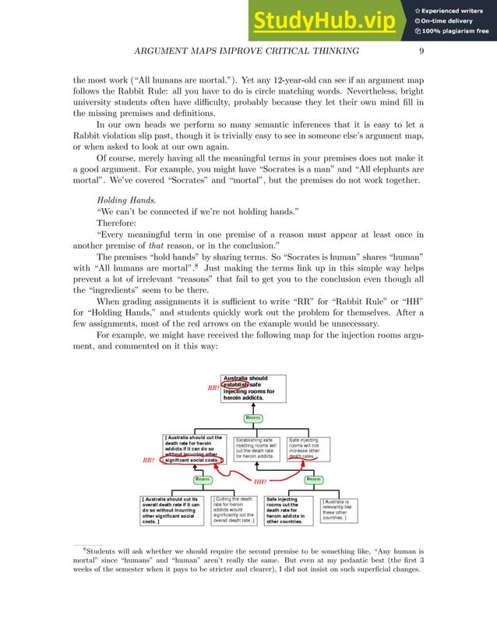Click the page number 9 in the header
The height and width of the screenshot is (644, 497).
(421, 51)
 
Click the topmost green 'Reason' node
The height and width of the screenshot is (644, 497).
(253, 418)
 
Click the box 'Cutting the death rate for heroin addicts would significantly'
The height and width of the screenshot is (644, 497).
(233, 510)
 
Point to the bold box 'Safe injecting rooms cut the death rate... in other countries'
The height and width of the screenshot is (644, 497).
(288, 510)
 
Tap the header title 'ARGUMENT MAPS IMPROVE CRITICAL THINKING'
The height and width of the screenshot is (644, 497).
(248, 51)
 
